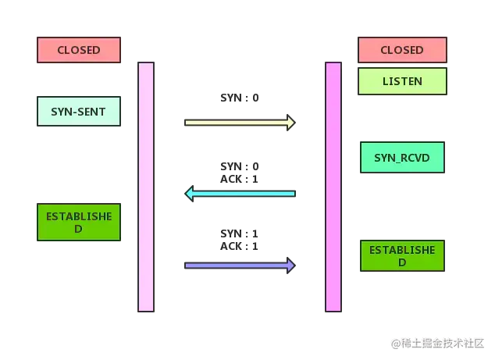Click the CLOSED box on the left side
coord(79,50)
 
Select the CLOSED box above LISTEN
coord(402,50)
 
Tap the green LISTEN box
coord(402,81)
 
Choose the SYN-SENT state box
coord(79,112)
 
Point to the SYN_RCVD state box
coord(402,159)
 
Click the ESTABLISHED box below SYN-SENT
coord(79,222)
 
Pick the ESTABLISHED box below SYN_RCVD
coord(402,256)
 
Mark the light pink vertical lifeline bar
coord(146,187)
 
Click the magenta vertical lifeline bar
coord(333,187)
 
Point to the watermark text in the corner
coord(439,342)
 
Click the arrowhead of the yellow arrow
coord(290,123)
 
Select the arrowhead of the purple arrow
coord(290,266)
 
